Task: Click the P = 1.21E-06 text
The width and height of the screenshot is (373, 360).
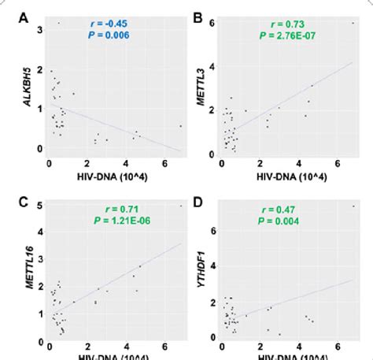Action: (x=111, y=223)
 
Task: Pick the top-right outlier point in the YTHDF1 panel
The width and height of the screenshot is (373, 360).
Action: (x=353, y=207)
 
